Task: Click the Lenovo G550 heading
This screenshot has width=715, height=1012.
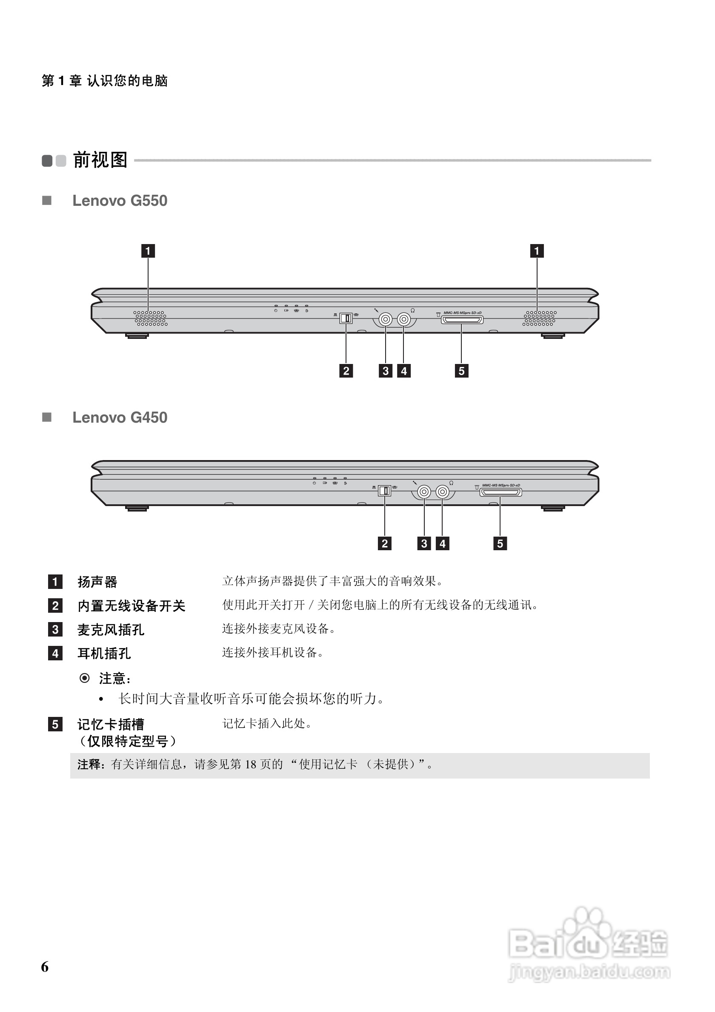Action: coord(120,201)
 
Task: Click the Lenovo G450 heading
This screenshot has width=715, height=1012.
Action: coord(120,418)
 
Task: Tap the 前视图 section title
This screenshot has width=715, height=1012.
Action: coord(100,160)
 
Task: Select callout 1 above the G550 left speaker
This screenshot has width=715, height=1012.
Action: coord(148,251)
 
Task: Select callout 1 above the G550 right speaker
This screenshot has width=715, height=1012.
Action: coord(536,251)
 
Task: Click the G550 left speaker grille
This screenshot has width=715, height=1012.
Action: coord(151,318)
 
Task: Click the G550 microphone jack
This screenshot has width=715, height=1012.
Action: coord(386,318)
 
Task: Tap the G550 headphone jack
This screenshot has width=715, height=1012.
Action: coord(403,318)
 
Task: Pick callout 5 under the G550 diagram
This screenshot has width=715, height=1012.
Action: coord(461,371)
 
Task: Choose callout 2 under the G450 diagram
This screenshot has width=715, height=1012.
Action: coord(385,543)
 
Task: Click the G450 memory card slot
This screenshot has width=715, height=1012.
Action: coord(500,492)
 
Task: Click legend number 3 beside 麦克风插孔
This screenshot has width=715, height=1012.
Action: coord(55,629)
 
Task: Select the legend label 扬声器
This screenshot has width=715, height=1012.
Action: coord(97,582)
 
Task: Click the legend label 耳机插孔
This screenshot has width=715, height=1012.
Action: coord(104,653)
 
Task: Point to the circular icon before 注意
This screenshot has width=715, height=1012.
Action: coord(84,678)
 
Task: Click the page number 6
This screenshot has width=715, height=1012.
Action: coord(45,967)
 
